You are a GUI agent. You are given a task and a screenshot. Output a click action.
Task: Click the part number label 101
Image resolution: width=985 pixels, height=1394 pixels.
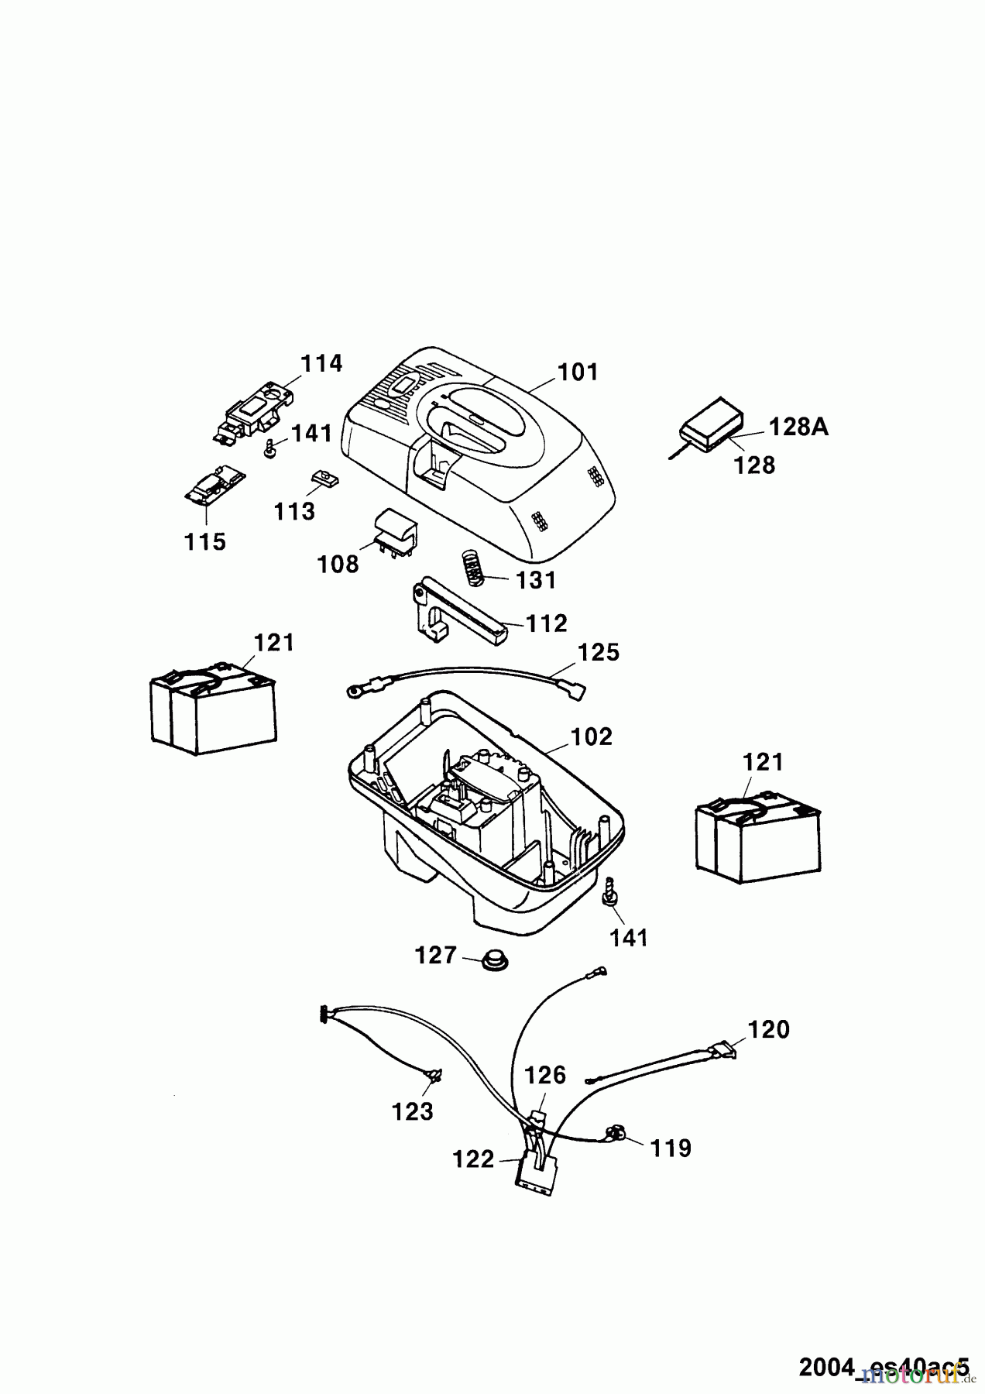(x=578, y=373)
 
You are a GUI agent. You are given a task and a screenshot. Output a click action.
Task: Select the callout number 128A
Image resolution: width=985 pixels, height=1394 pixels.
(x=798, y=427)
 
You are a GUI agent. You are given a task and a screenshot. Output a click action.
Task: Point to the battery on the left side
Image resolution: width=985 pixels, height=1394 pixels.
(x=211, y=708)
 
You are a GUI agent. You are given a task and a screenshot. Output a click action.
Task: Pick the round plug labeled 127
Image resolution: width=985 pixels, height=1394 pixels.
(x=489, y=963)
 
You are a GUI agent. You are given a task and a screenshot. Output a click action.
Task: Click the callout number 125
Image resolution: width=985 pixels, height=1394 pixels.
(x=599, y=653)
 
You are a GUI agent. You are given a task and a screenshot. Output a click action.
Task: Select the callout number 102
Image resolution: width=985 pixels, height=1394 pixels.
(x=592, y=736)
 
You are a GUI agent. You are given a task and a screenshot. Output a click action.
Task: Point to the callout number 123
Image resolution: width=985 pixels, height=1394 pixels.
(x=412, y=1112)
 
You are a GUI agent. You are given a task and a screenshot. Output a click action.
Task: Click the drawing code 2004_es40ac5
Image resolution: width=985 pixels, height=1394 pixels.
(x=884, y=1365)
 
